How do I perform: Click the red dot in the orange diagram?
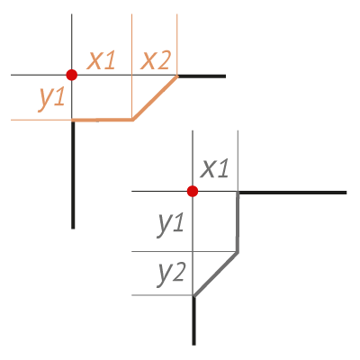coord(72,75)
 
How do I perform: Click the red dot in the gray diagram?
coord(193,191)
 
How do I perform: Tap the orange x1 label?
coord(101,60)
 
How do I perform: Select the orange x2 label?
coord(156,60)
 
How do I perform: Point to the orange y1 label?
coord(52,99)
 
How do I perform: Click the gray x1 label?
coord(215,168)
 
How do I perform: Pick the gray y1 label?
coord(170,224)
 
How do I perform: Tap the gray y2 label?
coord(170,275)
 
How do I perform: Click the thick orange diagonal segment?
coord(155,98)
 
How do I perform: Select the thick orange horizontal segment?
coord(102,120)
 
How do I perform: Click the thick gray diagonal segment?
coord(216,274)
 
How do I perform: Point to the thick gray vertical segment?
coord(238,222)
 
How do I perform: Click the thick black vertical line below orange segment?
coord(73,175)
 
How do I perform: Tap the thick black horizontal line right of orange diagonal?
coord(202,76)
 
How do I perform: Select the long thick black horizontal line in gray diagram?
coord(292,193)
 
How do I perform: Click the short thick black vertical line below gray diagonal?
coord(193,320)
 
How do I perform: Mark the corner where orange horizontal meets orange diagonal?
coord(132,120)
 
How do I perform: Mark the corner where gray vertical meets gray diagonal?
coord(238,252)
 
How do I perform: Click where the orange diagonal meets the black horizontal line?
coord(177,76)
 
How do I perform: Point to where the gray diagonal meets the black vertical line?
coord(193,296)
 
